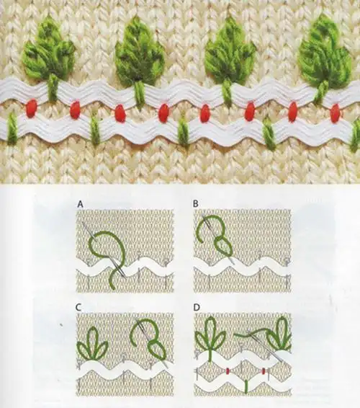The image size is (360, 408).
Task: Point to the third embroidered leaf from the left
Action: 230,50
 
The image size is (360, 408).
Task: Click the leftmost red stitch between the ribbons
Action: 32,107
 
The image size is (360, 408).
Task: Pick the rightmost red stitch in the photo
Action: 336,112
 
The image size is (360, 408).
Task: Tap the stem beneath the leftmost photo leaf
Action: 53,87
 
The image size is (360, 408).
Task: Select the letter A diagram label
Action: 81,204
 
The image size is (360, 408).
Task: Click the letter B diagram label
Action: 195,204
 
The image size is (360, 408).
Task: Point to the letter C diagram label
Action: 78,308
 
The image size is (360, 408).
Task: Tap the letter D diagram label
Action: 197,308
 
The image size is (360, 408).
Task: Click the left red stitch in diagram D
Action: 228,371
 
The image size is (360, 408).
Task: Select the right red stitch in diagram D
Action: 264,371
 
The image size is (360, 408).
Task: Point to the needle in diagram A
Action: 104,250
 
